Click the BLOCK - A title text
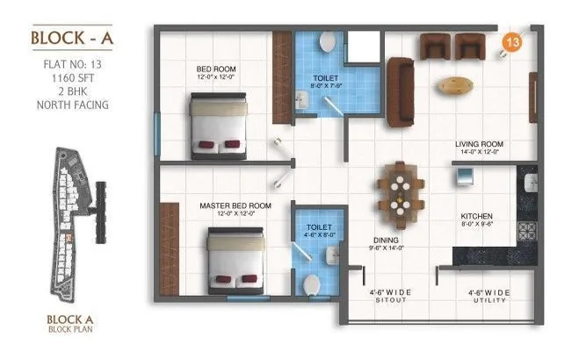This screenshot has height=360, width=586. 69,38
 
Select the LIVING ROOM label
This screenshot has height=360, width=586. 477,147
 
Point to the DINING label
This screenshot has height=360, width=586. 386,240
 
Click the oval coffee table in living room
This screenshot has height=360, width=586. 454,85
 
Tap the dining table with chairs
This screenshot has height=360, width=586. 399,192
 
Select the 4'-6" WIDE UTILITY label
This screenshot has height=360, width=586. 488,295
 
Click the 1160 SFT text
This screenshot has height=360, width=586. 69,76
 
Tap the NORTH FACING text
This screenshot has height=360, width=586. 69,104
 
